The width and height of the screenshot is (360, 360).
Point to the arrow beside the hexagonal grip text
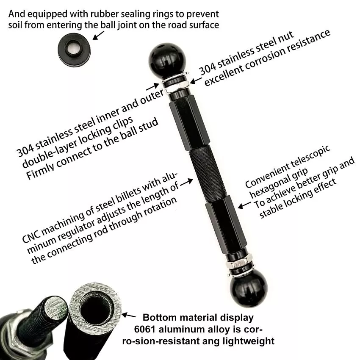243,205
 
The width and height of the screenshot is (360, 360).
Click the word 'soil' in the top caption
17,25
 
